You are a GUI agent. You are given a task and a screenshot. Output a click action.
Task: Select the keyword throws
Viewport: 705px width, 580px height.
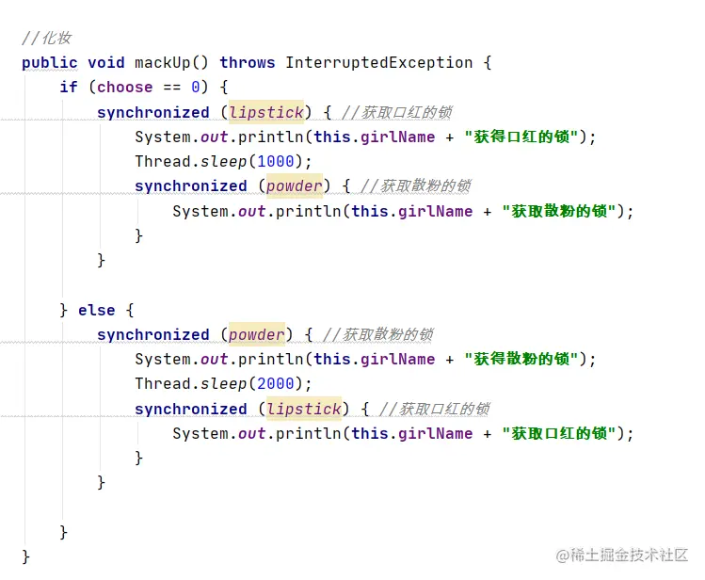(x=247, y=62)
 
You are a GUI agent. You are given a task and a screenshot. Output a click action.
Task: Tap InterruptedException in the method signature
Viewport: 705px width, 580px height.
(x=378, y=62)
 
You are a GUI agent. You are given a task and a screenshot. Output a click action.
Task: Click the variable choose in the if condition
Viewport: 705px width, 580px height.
(x=124, y=87)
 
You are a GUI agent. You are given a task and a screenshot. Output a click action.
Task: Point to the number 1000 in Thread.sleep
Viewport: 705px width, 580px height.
(x=275, y=161)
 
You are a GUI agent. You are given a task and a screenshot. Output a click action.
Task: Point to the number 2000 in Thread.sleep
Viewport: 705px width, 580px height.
(x=275, y=383)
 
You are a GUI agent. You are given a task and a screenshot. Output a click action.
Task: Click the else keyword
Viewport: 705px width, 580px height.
(x=96, y=310)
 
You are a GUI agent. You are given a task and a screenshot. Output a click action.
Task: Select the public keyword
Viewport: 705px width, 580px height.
(x=50, y=62)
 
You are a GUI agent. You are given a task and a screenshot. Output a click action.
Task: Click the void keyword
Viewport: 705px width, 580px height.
(x=105, y=62)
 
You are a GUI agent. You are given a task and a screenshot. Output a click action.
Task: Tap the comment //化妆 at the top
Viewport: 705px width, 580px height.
(x=46, y=38)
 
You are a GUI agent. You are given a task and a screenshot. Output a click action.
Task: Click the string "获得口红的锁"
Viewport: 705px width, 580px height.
(x=521, y=137)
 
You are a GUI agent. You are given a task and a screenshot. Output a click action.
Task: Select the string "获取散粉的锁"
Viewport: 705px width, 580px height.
(x=559, y=211)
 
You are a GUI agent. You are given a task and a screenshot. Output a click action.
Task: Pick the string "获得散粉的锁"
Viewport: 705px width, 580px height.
(x=521, y=359)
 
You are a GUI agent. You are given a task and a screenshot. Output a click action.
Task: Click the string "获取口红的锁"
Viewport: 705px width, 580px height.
(x=559, y=433)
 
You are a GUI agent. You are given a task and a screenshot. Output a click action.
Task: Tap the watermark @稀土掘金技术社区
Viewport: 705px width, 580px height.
(x=621, y=555)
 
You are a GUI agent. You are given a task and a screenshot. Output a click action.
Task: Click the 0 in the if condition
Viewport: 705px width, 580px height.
(x=195, y=87)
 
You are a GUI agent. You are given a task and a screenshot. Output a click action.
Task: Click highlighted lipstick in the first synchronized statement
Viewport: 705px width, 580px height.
(x=266, y=112)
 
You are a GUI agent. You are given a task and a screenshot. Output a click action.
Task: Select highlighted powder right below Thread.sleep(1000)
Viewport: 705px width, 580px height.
(x=295, y=185)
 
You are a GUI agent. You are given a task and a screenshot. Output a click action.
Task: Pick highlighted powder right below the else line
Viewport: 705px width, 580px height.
(x=257, y=334)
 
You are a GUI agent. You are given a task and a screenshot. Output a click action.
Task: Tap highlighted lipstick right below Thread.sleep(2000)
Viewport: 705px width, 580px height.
(x=304, y=409)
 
